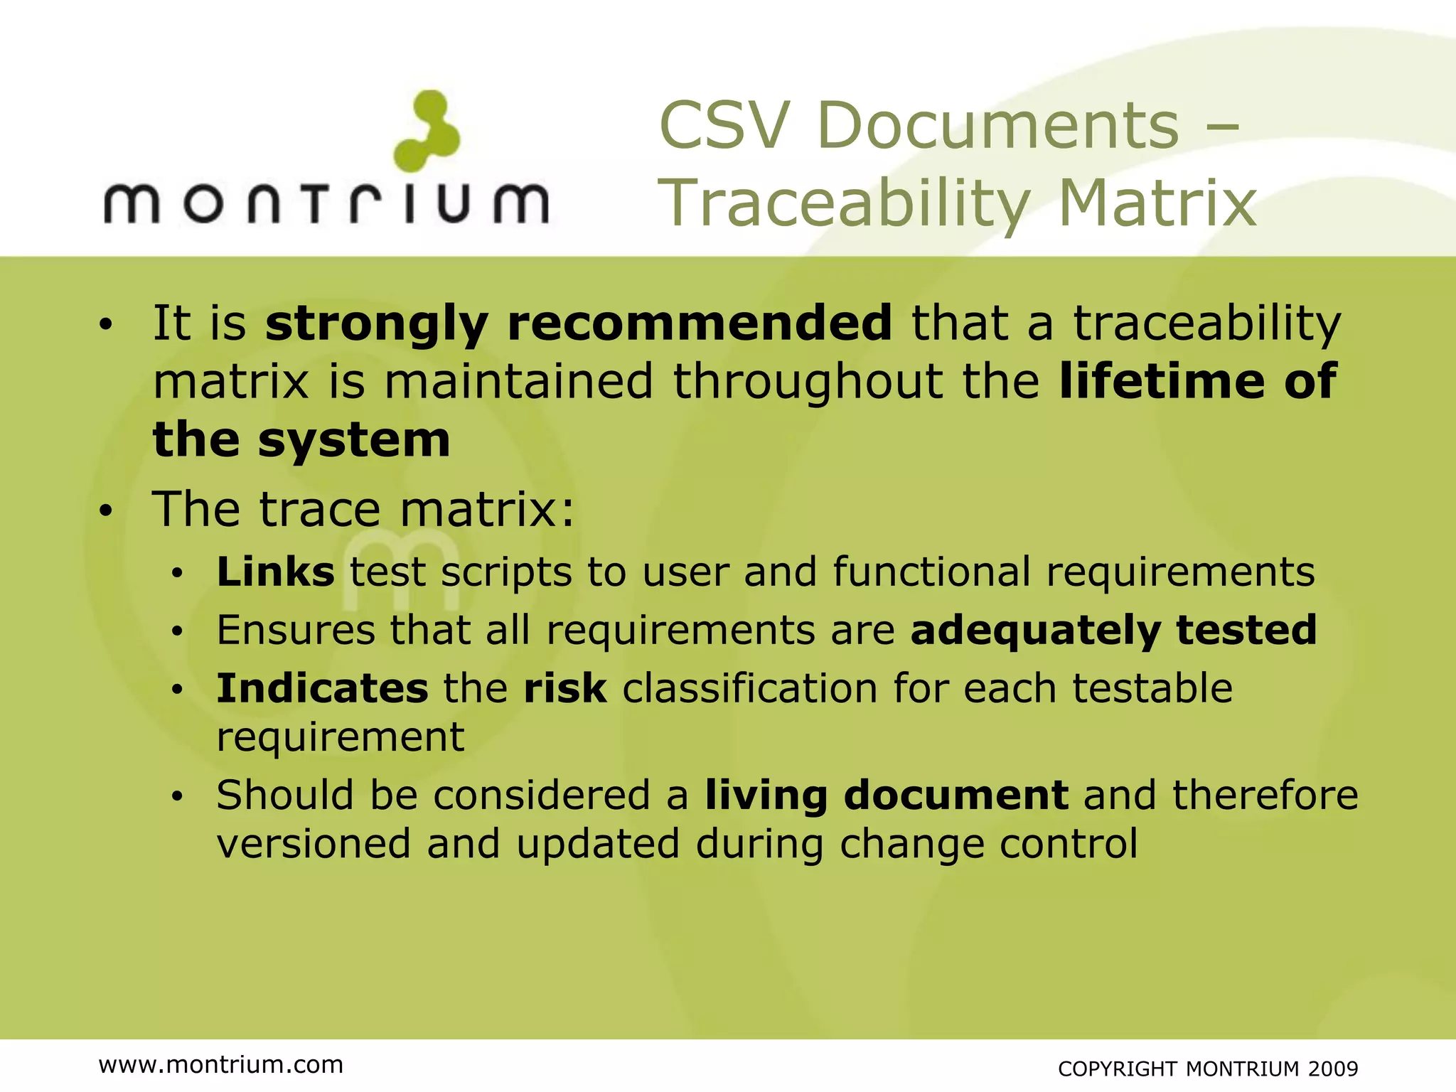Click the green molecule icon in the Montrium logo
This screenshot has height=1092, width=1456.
click(x=427, y=131)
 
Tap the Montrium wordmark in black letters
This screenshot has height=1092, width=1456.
click(x=326, y=204)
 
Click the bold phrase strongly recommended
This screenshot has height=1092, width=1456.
click(x=578, y=323)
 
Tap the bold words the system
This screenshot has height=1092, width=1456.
click(x=301, y=440)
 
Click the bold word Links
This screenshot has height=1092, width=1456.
click(x=275, y=572)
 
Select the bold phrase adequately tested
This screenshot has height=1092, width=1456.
click(x=1113, y=631)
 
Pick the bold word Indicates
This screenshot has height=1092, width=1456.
click(x=322, y=689)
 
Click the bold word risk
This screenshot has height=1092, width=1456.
click(x=565, y=689)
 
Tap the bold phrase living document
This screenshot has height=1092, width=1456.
click(x=887, y=796)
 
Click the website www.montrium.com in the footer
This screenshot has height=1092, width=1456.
click(x=221, y=1065)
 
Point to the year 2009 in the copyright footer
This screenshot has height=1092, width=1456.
click(x=1333, y=1069)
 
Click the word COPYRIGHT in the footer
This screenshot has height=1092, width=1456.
click(x=1119, y=1069)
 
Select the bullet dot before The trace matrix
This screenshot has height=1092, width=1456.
click(x=106, y=511)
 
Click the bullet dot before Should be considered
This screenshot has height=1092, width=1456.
click(x=177, y=797)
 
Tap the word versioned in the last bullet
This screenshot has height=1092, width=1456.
click(x=314, y=845)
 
